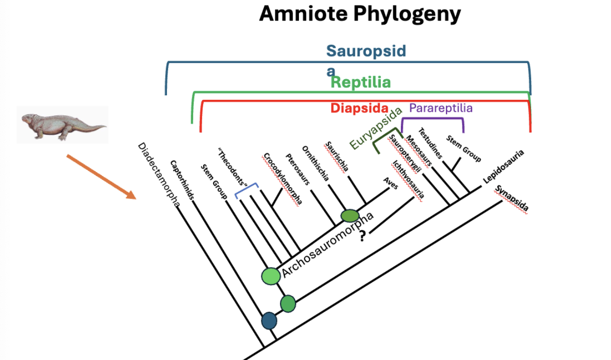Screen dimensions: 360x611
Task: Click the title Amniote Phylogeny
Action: click(360, 15)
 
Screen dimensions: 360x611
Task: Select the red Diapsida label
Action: click(359, 108)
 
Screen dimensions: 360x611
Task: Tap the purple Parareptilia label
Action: click(441, 108)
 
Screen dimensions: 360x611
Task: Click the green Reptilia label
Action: click(361, 82)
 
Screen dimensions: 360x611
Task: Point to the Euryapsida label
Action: click(376, 128)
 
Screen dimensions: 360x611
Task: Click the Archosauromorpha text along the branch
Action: click(328, 245)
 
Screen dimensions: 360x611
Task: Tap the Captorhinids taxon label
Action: click(182, 179)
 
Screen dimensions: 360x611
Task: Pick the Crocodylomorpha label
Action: click(282, 178)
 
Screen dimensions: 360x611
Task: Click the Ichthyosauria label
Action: click(409, 179)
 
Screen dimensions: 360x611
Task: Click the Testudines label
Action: click(431, 142)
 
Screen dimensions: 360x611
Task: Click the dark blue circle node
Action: click(269, 320)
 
